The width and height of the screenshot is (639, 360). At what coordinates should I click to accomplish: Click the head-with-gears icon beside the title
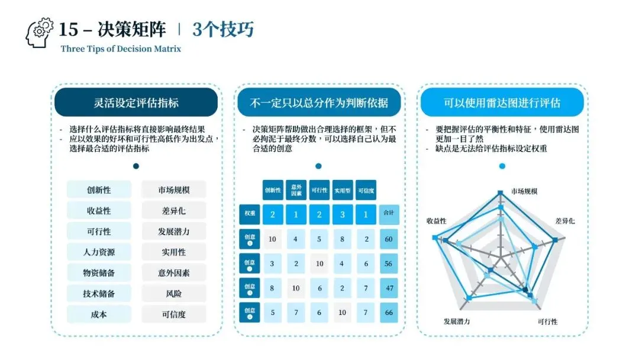40,33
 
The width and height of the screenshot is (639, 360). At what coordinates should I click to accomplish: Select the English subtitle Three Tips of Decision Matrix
121,49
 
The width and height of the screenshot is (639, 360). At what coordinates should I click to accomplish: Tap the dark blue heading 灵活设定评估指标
136,102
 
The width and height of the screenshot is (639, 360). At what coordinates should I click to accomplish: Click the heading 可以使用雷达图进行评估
502,102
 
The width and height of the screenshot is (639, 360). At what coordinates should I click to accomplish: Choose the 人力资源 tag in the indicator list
99,252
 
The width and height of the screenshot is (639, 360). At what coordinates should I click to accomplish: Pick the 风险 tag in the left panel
174,294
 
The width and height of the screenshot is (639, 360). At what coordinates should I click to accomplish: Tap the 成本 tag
99,314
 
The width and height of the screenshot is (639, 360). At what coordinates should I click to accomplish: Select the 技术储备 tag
99,294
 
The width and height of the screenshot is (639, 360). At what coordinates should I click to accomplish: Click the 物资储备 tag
99,273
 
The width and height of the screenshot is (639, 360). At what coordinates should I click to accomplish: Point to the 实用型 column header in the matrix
343,190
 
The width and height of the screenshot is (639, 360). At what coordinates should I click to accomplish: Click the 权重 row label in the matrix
249,214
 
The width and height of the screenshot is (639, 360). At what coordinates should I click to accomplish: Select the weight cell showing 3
343,214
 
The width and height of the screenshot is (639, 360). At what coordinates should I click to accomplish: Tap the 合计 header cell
389,214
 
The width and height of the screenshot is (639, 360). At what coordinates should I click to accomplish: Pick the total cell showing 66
389,312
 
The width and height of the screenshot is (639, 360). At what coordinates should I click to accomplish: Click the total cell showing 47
389,288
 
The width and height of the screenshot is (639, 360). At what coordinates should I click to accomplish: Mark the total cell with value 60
389,239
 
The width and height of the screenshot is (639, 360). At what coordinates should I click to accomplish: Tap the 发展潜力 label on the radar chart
457,322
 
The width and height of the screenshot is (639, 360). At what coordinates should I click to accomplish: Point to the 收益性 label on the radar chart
437,221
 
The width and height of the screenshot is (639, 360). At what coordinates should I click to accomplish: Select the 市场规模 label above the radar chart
524,192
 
